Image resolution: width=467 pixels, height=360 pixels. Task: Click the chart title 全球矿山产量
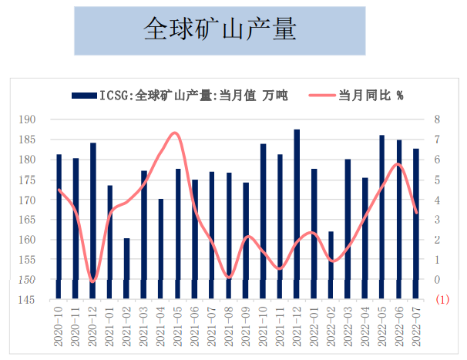click(220, 30)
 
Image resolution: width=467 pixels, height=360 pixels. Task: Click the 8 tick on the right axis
click(437, 119)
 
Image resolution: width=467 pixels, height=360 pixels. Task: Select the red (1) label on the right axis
click(442, 300)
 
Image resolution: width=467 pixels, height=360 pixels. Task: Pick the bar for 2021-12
click(297, 212)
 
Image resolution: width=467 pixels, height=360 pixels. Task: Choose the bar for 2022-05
click(381, 216)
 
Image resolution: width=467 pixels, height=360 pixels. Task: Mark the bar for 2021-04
click(161, 247)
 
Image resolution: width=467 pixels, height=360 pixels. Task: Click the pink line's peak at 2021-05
click(176, 133)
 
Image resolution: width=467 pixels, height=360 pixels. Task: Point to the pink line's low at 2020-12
click(92, 281)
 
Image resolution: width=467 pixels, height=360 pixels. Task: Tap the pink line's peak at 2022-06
click(398, 163)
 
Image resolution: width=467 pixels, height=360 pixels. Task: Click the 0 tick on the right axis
click(437, 280)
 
